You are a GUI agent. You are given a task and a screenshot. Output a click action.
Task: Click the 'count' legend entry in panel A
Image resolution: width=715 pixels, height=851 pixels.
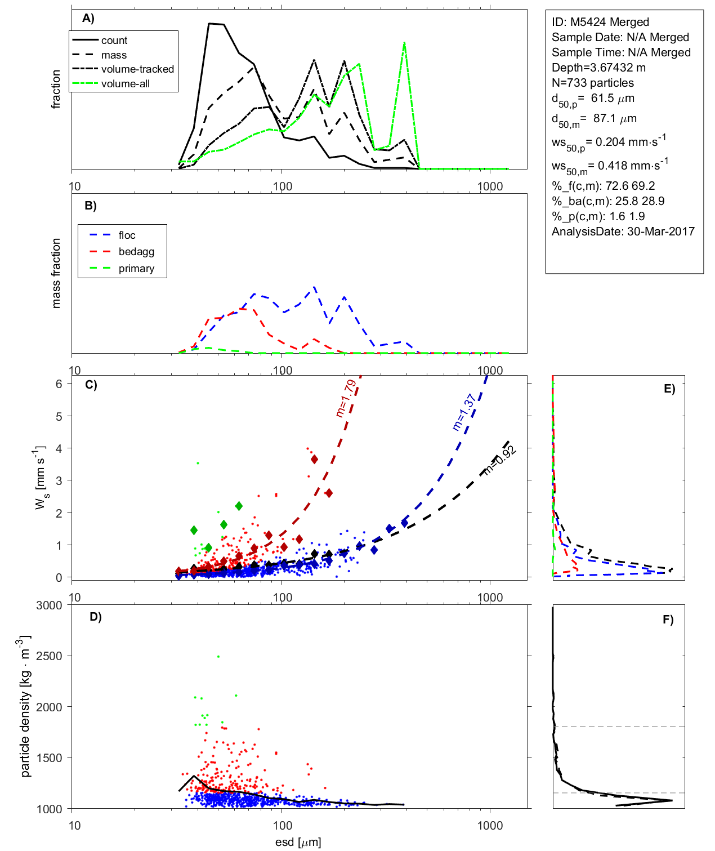click(114, 41)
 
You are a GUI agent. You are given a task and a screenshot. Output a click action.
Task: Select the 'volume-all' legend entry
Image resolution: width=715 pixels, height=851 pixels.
click(126, 84)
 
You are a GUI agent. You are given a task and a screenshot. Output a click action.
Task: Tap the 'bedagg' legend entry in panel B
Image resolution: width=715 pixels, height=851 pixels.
click(136, 252)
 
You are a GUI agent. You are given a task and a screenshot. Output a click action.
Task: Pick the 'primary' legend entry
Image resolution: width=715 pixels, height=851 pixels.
click(136, 269)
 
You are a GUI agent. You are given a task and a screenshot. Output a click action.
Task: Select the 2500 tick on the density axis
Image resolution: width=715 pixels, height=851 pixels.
click(49, 656)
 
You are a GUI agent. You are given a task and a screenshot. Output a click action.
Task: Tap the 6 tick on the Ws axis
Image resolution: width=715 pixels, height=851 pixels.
click(59, 384)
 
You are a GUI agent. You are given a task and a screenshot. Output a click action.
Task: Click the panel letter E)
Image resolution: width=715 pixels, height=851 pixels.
click(669, 389)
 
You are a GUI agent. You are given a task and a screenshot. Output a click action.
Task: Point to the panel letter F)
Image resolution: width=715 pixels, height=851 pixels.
click(668, 620)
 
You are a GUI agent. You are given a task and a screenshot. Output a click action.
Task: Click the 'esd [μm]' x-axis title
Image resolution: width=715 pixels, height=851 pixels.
click(298, 843)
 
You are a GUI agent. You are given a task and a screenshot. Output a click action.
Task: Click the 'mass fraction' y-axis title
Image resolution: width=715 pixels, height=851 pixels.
click(56, 273)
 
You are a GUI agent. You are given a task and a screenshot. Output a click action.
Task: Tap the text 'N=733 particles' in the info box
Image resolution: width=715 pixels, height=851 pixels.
click(592, 83)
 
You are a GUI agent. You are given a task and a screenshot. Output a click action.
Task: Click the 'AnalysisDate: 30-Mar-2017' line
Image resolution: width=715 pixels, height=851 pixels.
click(623, 231)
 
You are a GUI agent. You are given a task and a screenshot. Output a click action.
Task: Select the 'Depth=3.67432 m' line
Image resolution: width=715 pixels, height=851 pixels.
click(598, 68)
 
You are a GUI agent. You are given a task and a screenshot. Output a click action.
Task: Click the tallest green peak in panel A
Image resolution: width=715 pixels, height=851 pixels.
click(404, 43)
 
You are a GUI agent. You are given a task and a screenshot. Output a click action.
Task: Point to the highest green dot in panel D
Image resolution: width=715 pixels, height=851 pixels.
click(218, 656)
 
